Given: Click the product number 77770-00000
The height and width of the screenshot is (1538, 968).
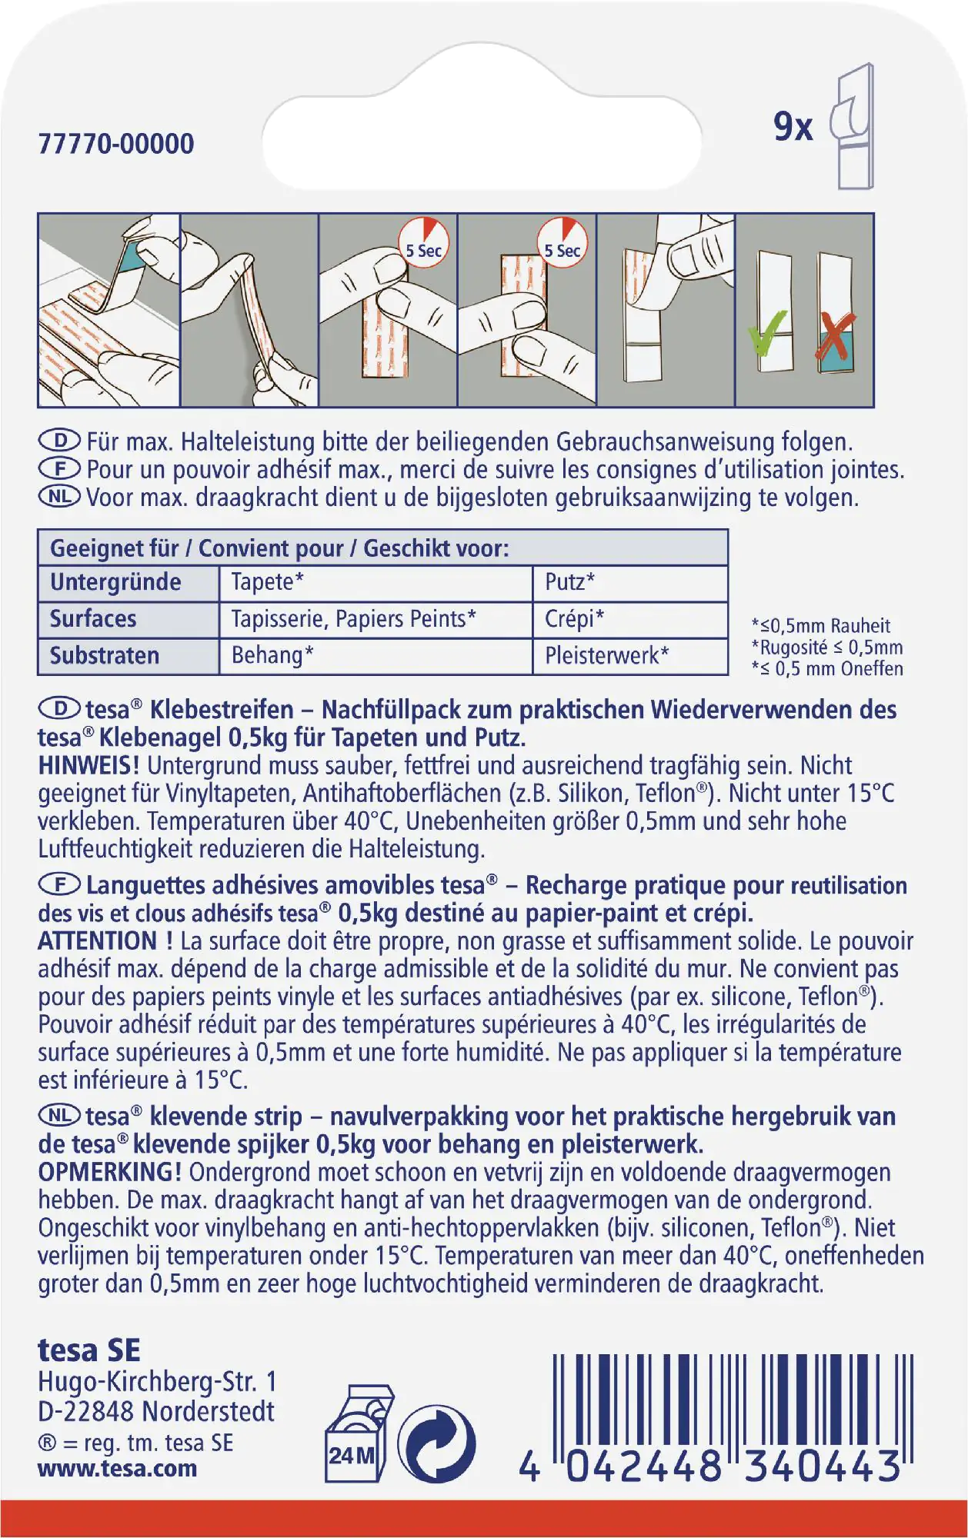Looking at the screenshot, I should pos(116,144).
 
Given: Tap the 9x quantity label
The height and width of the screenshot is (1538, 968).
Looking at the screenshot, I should pos(793,128).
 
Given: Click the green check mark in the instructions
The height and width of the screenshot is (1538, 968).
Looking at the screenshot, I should pos(769,331).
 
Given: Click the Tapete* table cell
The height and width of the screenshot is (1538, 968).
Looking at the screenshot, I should pos(267,582).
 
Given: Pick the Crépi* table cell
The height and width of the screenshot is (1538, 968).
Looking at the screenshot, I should pos(574,619).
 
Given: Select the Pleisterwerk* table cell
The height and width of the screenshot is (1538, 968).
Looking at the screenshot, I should pos(606,656).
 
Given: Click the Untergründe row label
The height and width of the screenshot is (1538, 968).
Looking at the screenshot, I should pos(115,582).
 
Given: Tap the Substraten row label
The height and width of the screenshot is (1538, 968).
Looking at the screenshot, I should pos(105,656).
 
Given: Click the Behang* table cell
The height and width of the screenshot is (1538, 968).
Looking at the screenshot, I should pos(272,656).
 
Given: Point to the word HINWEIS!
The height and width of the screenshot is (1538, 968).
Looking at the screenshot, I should pos(89,766).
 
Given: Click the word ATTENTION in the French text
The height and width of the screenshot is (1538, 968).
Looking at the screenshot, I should pos(97,941).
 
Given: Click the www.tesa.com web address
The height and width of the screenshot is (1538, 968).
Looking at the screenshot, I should pos(117,1468).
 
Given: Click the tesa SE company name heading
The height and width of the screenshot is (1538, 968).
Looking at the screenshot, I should pos(89,1350).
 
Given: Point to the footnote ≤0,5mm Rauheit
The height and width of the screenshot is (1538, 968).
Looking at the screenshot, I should pos(820,626).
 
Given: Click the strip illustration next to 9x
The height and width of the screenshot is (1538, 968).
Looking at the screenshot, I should pos(853,126).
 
